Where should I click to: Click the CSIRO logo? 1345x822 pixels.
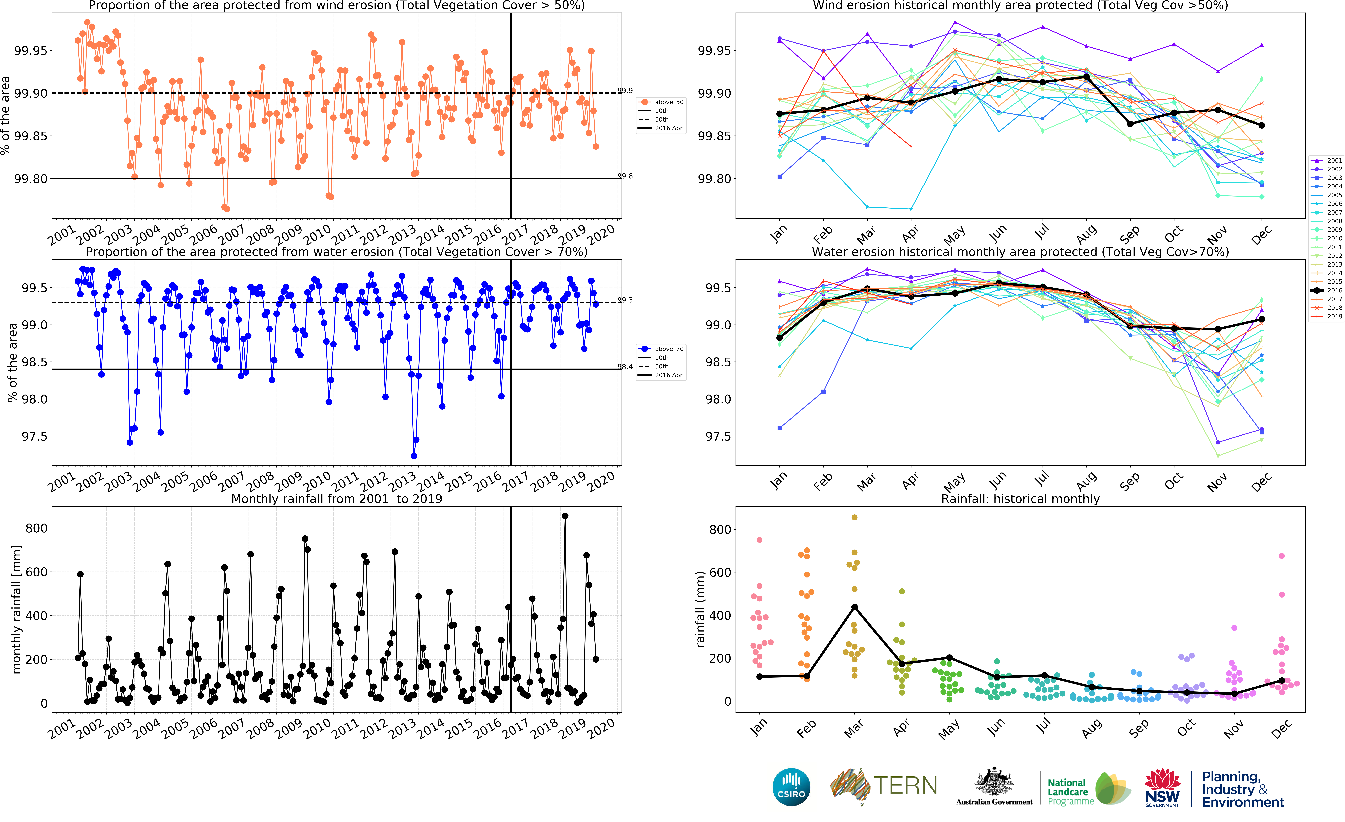791,787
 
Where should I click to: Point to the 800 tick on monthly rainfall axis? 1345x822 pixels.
37,528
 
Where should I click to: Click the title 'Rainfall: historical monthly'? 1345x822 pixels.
1020,499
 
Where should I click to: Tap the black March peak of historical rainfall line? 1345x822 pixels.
854,607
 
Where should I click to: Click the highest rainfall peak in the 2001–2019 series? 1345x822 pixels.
565,516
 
